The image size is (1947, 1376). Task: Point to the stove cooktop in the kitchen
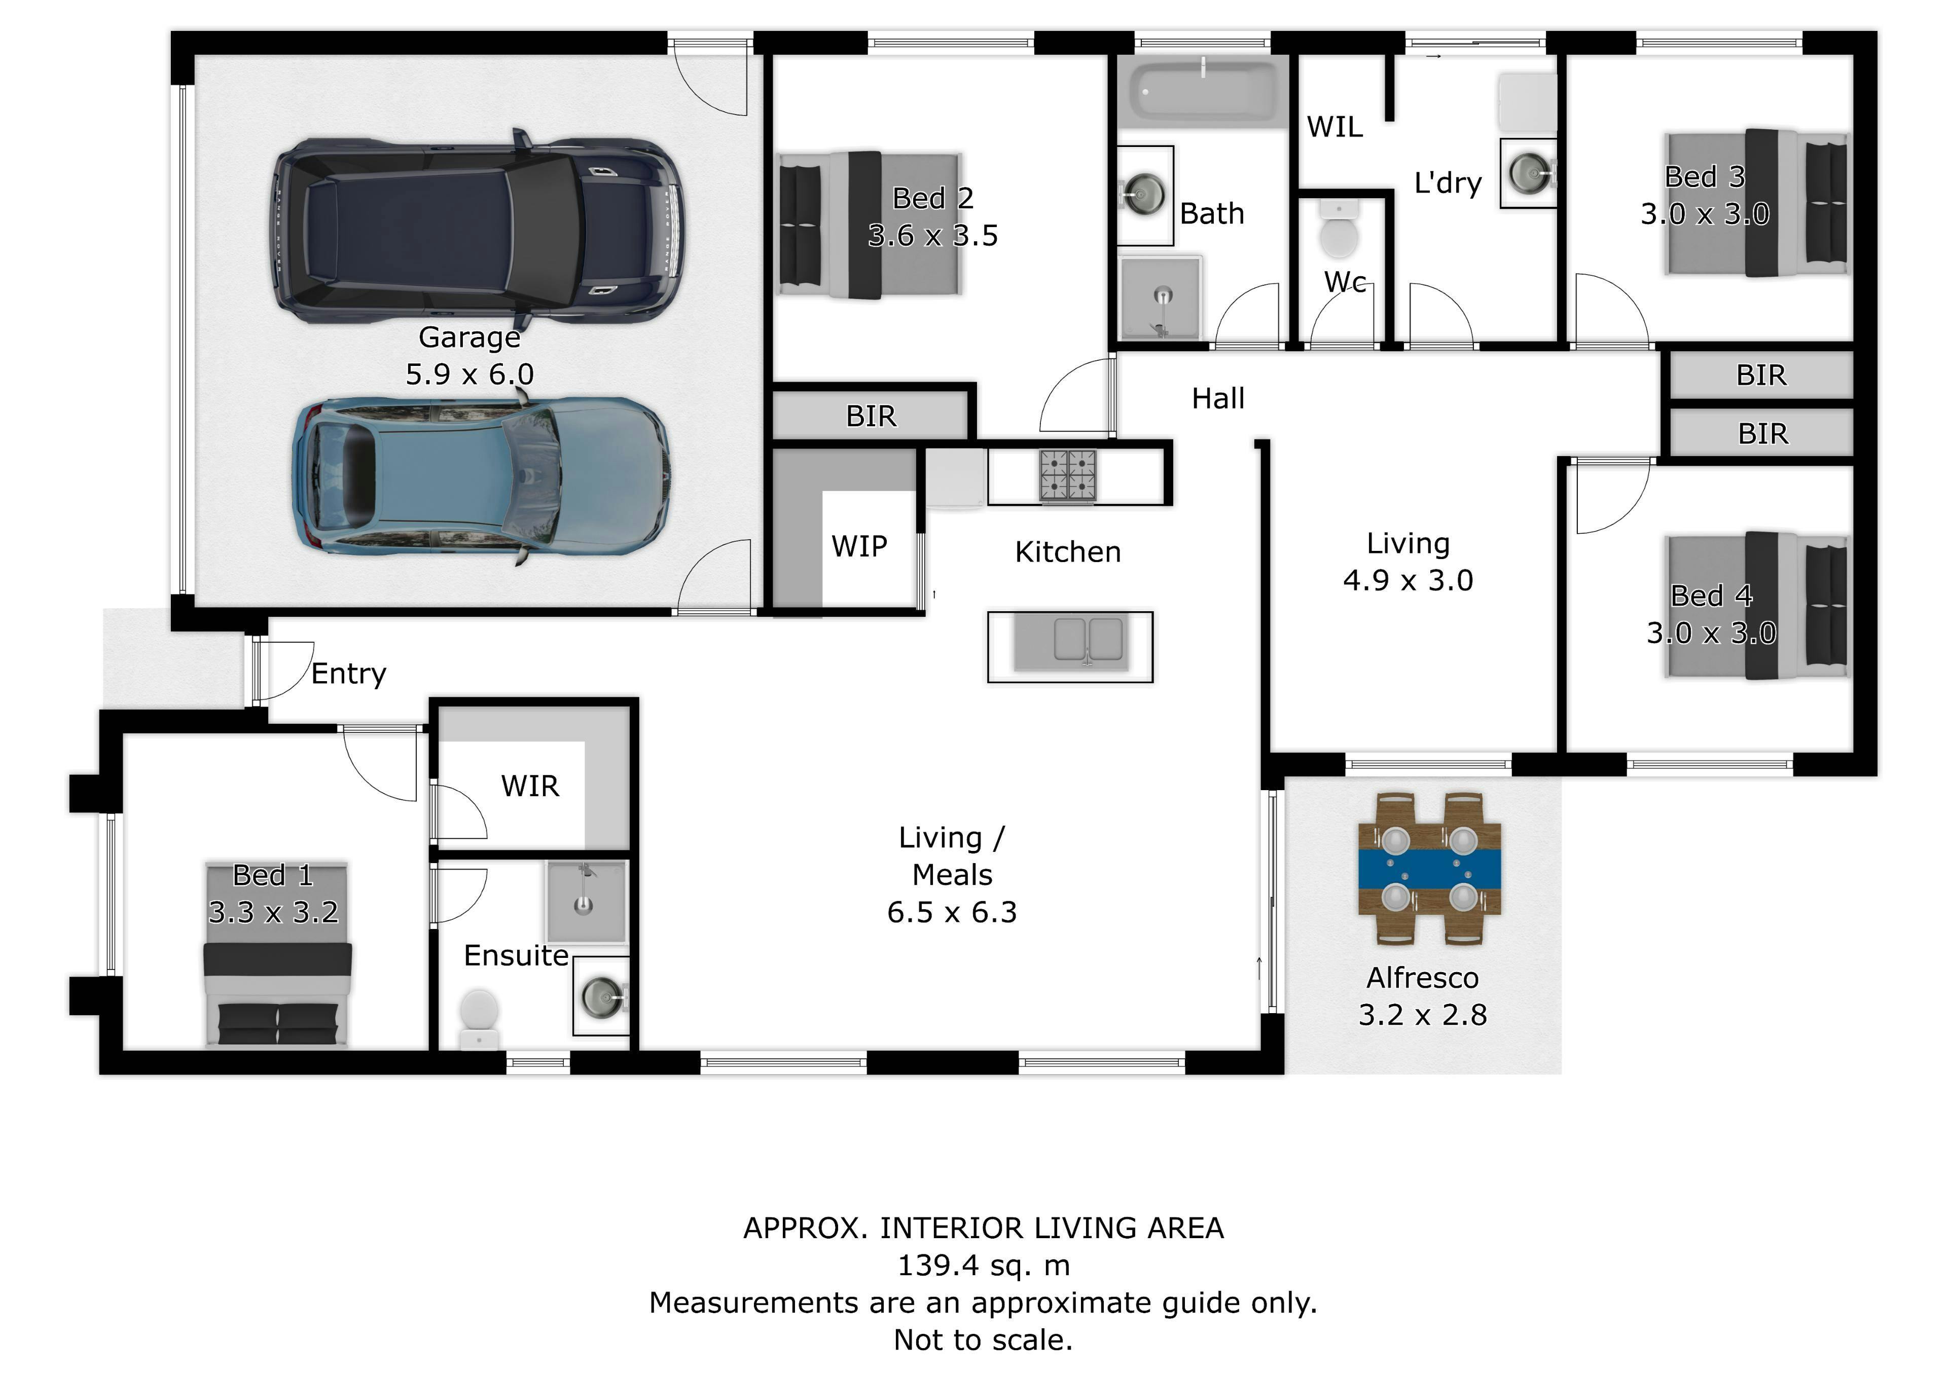coord(1068,475)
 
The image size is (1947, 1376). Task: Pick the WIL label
coord(1335,127)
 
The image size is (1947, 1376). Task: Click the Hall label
coord(1218,398)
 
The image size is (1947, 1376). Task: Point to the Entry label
coord(348,674)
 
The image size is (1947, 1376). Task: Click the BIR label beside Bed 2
coord(871,416)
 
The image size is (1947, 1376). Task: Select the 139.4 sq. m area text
coord(984,1266)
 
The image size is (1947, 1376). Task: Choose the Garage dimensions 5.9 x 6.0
coord(470,374)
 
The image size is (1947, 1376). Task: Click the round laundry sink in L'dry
coord(1529,172)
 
